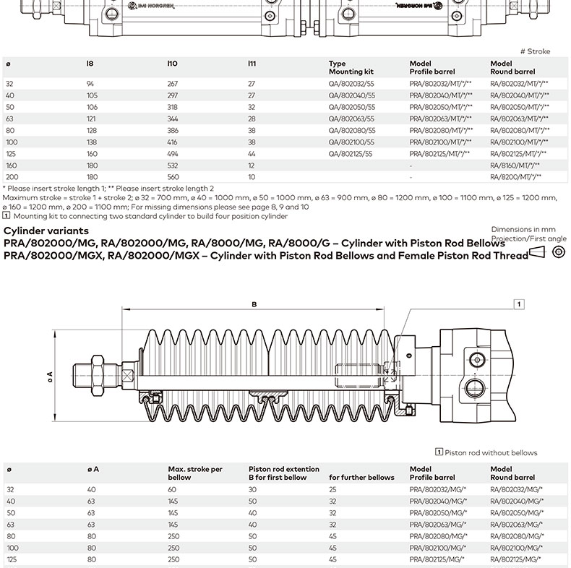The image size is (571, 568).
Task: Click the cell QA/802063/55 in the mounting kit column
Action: tap(351, 119)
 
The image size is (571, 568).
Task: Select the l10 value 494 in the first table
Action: tap(173, 154)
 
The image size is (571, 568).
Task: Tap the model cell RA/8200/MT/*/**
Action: tap(515, 177)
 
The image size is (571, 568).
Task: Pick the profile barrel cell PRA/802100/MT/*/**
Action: tap(440, 142)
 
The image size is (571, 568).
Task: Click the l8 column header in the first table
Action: tap(90, 64)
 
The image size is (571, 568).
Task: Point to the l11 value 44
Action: tap(252, 154)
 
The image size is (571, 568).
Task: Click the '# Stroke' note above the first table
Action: tap(535, 51)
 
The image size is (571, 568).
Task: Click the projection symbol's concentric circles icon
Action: tap(558, 251)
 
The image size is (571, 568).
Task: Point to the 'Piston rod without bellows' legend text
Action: tap(491, 453)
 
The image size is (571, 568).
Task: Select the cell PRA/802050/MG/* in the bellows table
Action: tap(438, 512)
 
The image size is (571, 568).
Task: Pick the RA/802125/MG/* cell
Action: tap(516, 559)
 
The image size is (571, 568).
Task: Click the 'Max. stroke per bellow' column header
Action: tap(195, 473)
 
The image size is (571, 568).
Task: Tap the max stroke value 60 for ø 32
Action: tap(173, 489)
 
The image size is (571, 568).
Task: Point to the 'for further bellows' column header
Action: tap(362, 478)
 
